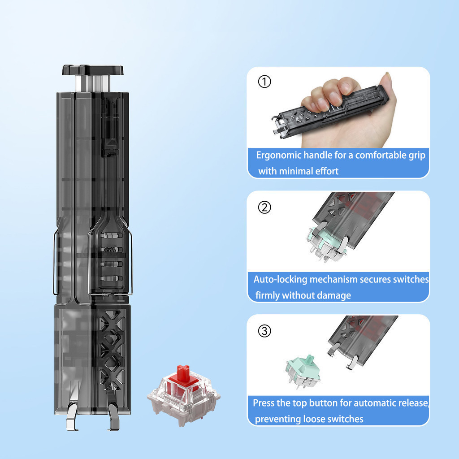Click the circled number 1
point(264,82)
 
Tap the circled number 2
point(264,207)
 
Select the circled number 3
point(264,331)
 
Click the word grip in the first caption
point(417,156)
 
